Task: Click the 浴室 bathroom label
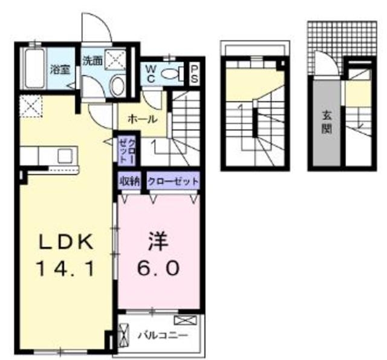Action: pos(59,68)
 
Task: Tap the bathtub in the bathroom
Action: pos(33,71)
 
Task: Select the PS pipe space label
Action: pos(195,76)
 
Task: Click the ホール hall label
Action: pos(143,119)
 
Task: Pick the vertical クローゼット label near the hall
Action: pos(127,152)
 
